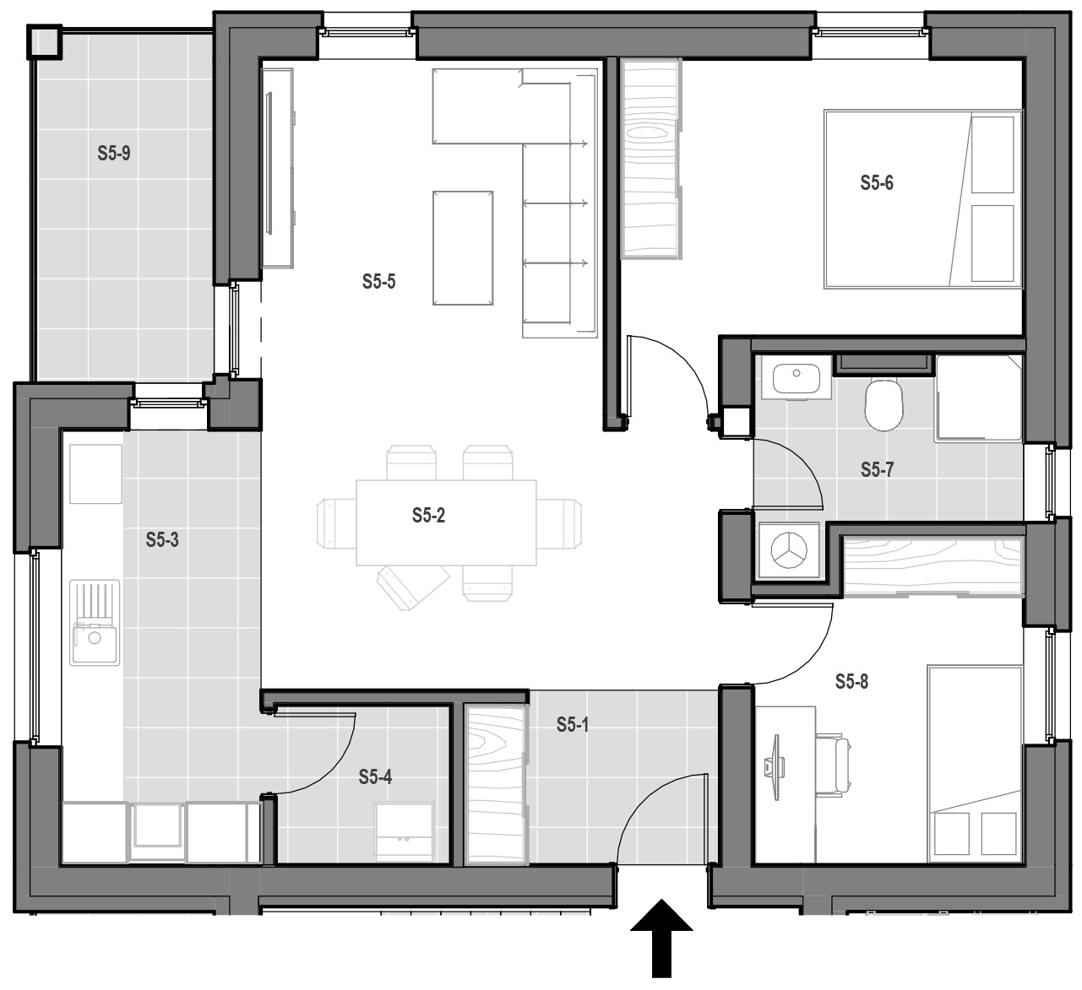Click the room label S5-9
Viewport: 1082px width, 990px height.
pyautogui.click(x=114, y=153)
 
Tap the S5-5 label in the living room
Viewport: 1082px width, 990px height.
pyautogui.click(x=378, y=282)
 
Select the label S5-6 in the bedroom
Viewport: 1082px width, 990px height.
pyautogui.click(x=877, y=183)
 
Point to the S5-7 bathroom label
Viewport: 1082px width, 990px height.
pyautogui.click(x=877, y=469)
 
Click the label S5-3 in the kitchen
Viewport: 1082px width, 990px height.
pyautogui.click(x=162, y=539)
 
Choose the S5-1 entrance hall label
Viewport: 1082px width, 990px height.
pyautogui.click(x=573, y=725)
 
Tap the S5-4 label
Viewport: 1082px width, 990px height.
pyautogui.click(x=375, y=777)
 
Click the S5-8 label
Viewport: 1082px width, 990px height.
pyautogui.click(x=851, y=682)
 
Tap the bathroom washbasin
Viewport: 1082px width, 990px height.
pyautogui.click(x=797, y=378)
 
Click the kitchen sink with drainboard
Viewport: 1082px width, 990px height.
pyautogui.click(x=95, y=622)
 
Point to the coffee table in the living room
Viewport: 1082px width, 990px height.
pyautogui.click(x=463, y=248)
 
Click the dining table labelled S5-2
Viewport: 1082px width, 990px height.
pyautogui.click(x=446, y=522)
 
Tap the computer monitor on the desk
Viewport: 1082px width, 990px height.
pyautogui.click(x=775, y=766)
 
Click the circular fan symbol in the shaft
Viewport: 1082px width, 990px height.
pyautogui.click(x=789, y=550)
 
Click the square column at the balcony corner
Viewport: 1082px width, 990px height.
pyautogui.click(x=44, y=41)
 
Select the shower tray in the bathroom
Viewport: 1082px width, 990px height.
pyautogui.click(x=978, y=398)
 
